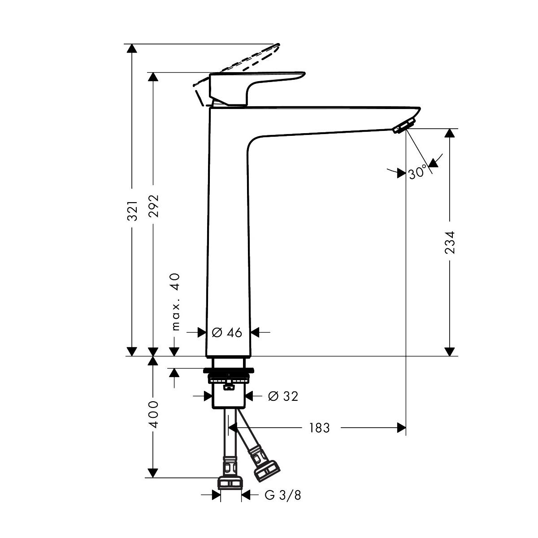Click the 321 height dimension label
coord(132,210)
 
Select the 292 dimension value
coord(154,206)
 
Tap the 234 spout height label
coord(450,243)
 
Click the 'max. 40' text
coord(175,302)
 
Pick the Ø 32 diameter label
coord(282,396)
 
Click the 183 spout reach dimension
coord(319,428)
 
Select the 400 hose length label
coord(154,414)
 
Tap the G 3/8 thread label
coord(282,495)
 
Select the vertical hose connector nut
coord(230,482)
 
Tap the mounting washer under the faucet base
coord(228,371)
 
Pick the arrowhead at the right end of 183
coord(402,428)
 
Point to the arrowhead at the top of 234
coord(449,133)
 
